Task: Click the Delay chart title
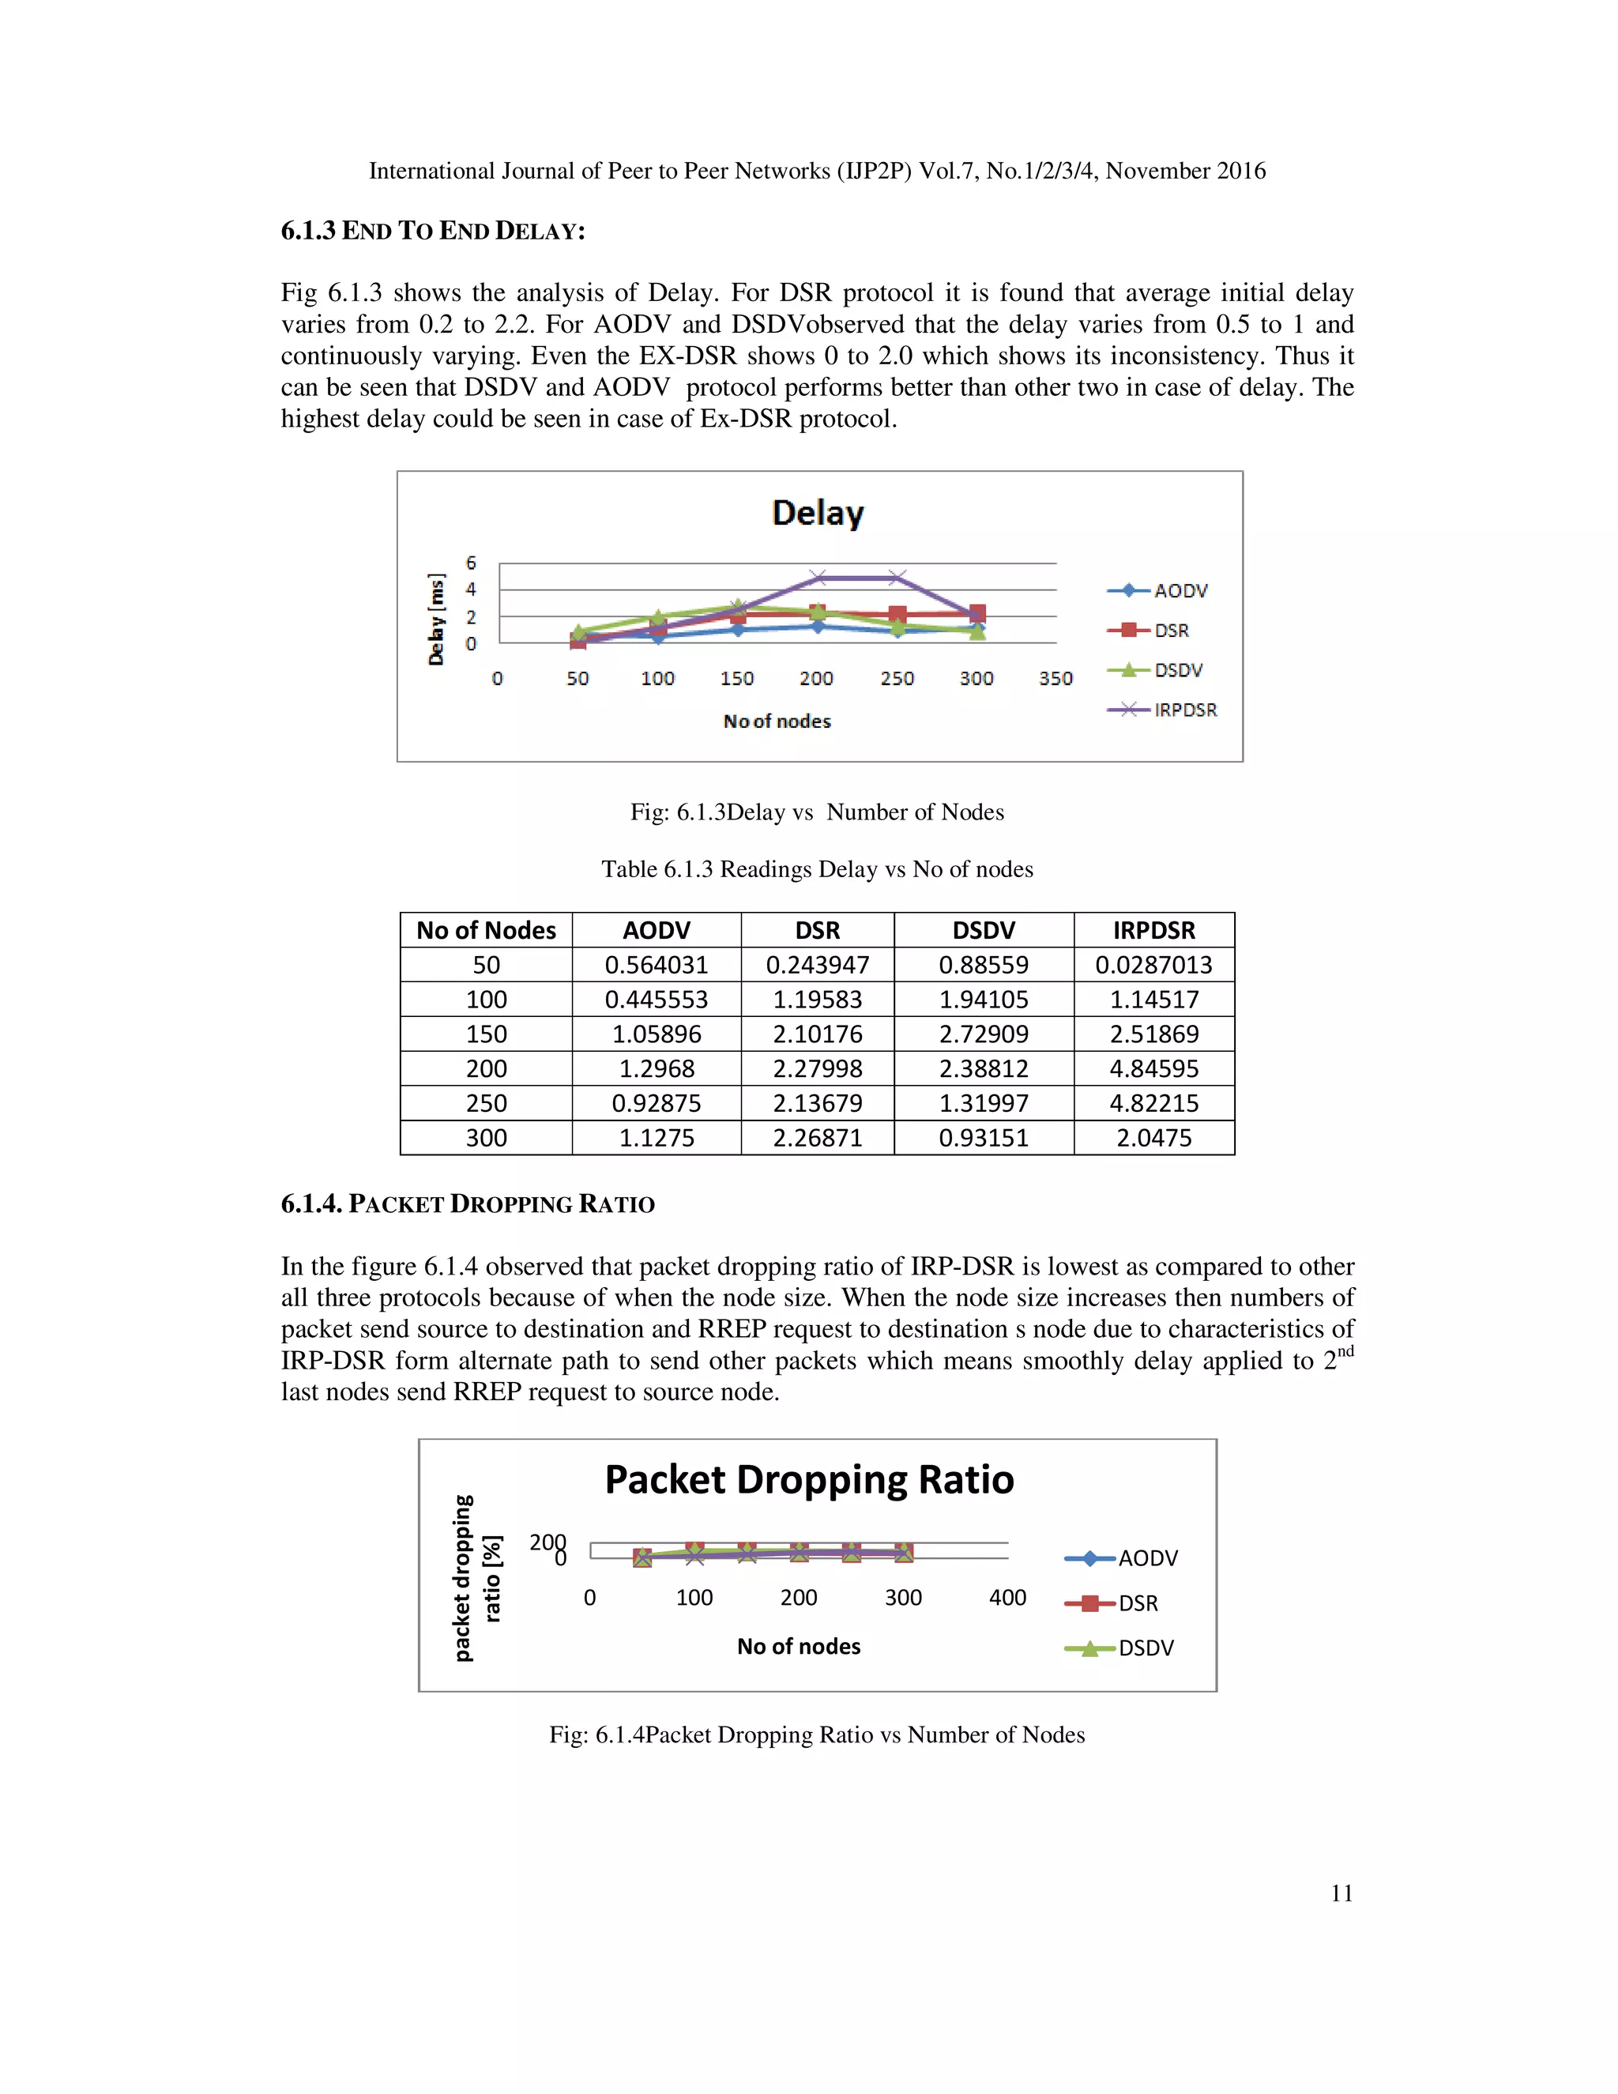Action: point(818,513)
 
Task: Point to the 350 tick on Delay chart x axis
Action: point(1055,678)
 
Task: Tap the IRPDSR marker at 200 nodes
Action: point(818,577)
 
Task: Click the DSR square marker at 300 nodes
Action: point(976,612)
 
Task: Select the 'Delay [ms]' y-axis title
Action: point(437,620)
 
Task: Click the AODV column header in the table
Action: point(657,930)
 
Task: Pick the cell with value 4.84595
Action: point(1153,1068)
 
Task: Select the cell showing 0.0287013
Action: point(1153,965)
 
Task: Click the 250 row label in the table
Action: point(486,1102)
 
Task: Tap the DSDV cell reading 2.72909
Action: point(984,1034)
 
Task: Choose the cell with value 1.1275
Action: point(657,1137)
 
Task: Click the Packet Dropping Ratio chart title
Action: point(809,1479)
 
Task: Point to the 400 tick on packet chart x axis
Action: point(1007,1597)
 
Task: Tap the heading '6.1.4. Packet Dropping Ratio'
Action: point(468,1204)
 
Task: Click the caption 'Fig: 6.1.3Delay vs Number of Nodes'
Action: point(817,812)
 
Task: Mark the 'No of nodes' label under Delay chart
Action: point(777,721)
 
